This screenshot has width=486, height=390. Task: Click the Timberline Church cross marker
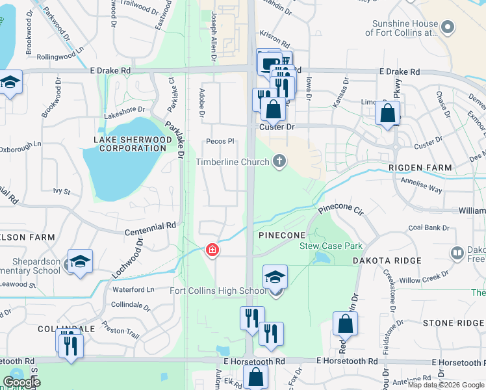click(279, 161)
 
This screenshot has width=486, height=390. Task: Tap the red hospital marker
click(212, 250)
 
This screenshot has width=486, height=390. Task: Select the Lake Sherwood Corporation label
click(130, 144)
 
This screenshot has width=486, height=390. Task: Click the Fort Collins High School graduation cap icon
click(275, 277)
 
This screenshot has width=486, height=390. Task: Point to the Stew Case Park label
click(331, 246)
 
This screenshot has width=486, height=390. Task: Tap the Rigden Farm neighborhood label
click(420, 168)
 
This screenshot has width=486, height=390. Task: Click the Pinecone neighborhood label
click(282, 235)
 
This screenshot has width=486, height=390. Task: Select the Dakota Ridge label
click(387, 261)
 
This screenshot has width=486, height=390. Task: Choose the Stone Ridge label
click(454, 323)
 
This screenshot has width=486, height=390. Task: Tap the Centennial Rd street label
click(151, 226)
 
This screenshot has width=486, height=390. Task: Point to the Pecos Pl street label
click(220, 141)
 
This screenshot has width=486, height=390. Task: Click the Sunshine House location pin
click(448, 27)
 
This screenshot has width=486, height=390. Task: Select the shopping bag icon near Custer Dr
click(274, 109)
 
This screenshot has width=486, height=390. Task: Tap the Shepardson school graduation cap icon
click(81, 261)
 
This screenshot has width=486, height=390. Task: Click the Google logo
click(21, 382)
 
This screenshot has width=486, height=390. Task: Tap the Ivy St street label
click(62, 192)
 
